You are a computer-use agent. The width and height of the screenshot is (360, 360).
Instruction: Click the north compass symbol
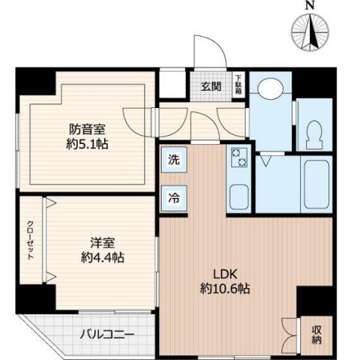(x=311, y=31)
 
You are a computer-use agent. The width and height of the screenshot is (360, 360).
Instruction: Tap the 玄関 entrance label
(x=211, y=85)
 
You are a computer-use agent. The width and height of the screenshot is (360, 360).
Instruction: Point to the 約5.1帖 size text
(x=87, y=143)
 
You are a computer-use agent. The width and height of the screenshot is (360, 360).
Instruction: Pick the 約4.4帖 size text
(x=103, y=257)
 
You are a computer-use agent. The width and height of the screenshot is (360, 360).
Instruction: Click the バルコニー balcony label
(x=106, y=334)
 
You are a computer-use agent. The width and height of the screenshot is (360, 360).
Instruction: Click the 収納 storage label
(x=316, y=331)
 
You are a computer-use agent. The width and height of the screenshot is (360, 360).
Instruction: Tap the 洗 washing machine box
(x=172, y=159)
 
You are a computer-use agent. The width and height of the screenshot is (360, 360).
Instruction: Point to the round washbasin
(x=268, y=88)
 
